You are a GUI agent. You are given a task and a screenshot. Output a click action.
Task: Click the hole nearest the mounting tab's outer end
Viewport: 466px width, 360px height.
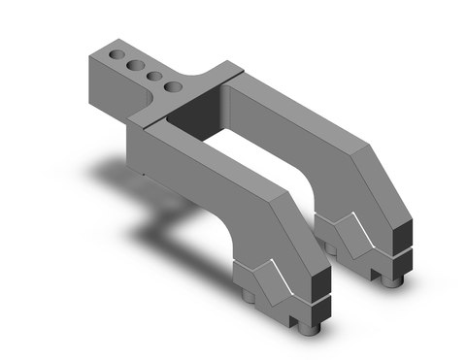click(x=116, y=51)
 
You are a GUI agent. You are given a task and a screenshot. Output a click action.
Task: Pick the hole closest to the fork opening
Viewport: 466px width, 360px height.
click(x=174, y=87)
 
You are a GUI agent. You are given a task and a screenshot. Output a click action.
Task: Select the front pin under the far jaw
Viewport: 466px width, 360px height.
click(x=392, y=279)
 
